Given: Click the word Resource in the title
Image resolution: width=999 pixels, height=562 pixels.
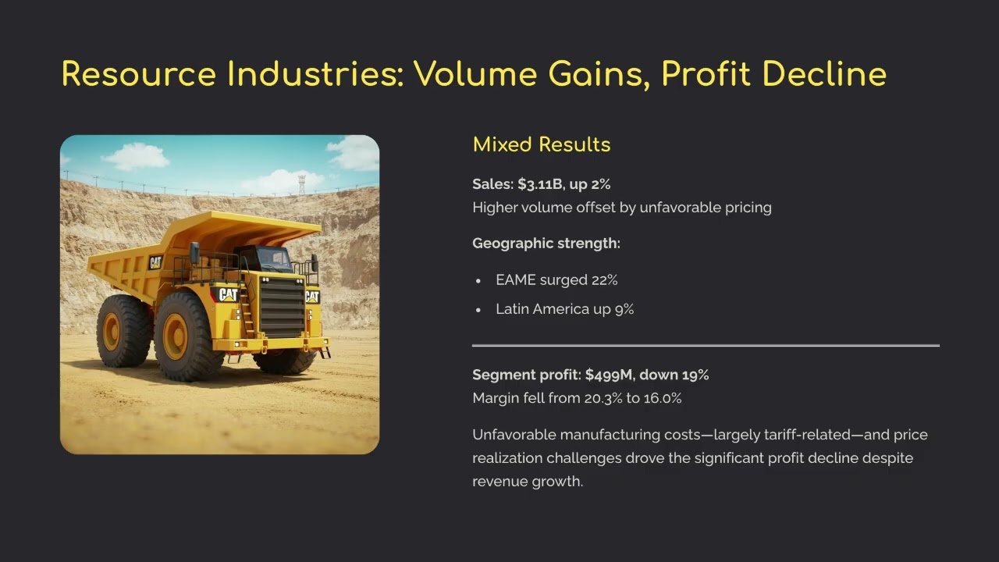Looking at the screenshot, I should tap(139, 74).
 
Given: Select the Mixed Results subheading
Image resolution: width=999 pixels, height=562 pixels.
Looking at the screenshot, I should tap(542, 144).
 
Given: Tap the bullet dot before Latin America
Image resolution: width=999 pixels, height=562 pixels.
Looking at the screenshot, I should tap(478, 310).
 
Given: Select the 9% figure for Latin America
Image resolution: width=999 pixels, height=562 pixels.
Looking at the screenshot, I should tap(624, 309).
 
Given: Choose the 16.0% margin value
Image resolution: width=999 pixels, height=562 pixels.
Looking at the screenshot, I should tap(663, 398).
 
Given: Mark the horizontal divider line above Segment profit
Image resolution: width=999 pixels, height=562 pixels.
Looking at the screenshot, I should tap(706, 344).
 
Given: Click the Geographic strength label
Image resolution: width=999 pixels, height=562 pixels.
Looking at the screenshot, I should tap(546, 244).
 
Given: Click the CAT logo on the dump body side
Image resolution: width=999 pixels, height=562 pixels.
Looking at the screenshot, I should tap(155, 263).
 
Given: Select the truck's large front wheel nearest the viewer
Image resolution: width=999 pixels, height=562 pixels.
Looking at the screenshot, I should tap(187, 336).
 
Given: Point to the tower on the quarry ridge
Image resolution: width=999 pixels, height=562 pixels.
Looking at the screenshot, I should tap(301, 184).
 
